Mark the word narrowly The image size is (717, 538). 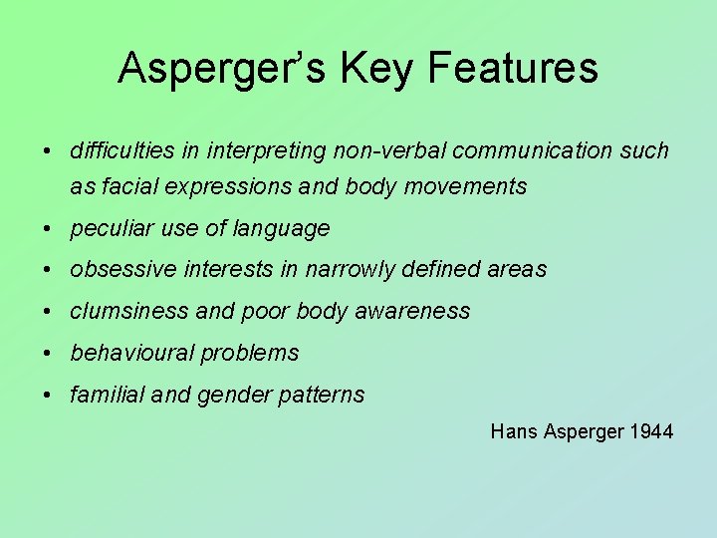pos(349,269)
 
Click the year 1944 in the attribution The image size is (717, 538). pos(651,431)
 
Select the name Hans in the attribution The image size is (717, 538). pos(513,431)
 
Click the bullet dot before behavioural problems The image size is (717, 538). pos(48,353)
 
